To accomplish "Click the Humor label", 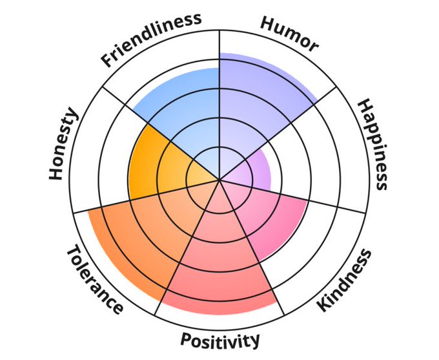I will tap(289, 34).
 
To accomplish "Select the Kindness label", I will tap(346, 280).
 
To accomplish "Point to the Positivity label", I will tap(220, 340).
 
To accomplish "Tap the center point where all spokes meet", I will tap(219, 180).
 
